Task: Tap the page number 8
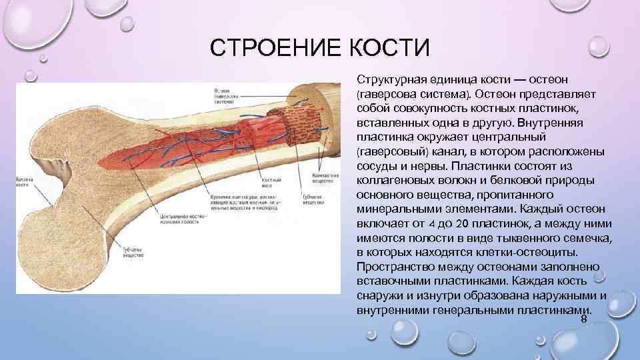(x=584, y=321)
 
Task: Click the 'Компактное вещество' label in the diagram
(x=322, y=177)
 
